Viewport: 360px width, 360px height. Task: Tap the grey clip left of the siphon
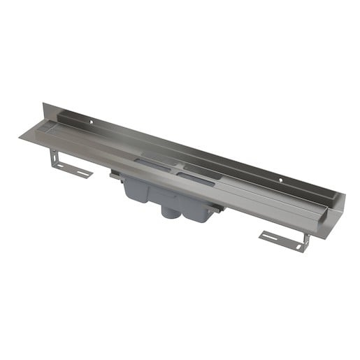[113, 177]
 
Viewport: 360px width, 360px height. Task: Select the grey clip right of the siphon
[219, 208]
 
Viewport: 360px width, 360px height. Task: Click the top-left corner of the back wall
[43, 104]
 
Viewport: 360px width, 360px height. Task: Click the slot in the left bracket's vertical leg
[55, 159]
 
